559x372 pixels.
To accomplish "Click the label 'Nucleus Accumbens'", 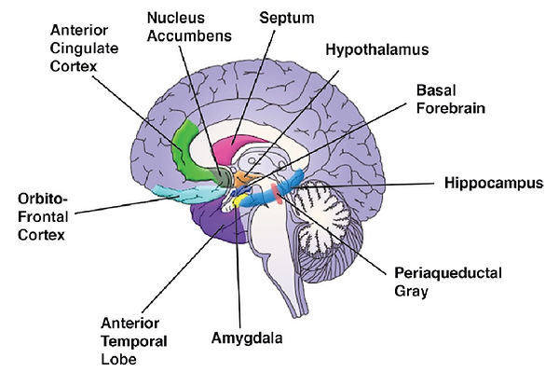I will [x=189, y=26].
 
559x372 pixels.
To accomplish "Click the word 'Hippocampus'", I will [x=490, y=185].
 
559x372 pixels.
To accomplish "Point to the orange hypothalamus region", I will [x=244, y=176].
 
